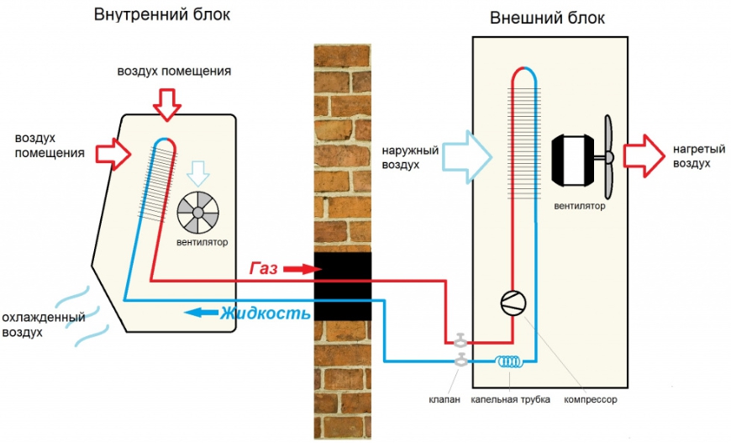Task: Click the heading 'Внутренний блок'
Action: pyautogui.click(x=161, y=15)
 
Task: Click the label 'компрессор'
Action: pyautogui.click(x=590, y=399)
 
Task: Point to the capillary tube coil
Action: pyautogui.click(x=508, y=362)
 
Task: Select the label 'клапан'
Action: pyautogui.click(x=446, y=399)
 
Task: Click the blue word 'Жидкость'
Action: pyautogui.click(x=266, y=314)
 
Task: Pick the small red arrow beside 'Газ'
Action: pyautogui.click(x=299, y=270)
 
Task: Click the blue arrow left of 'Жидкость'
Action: pyautogui.click(x=200, y=313)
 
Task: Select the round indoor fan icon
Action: pyautogui.click(x=198, y=213)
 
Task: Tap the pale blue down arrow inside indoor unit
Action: pyautogui.click(x=198, y=172)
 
